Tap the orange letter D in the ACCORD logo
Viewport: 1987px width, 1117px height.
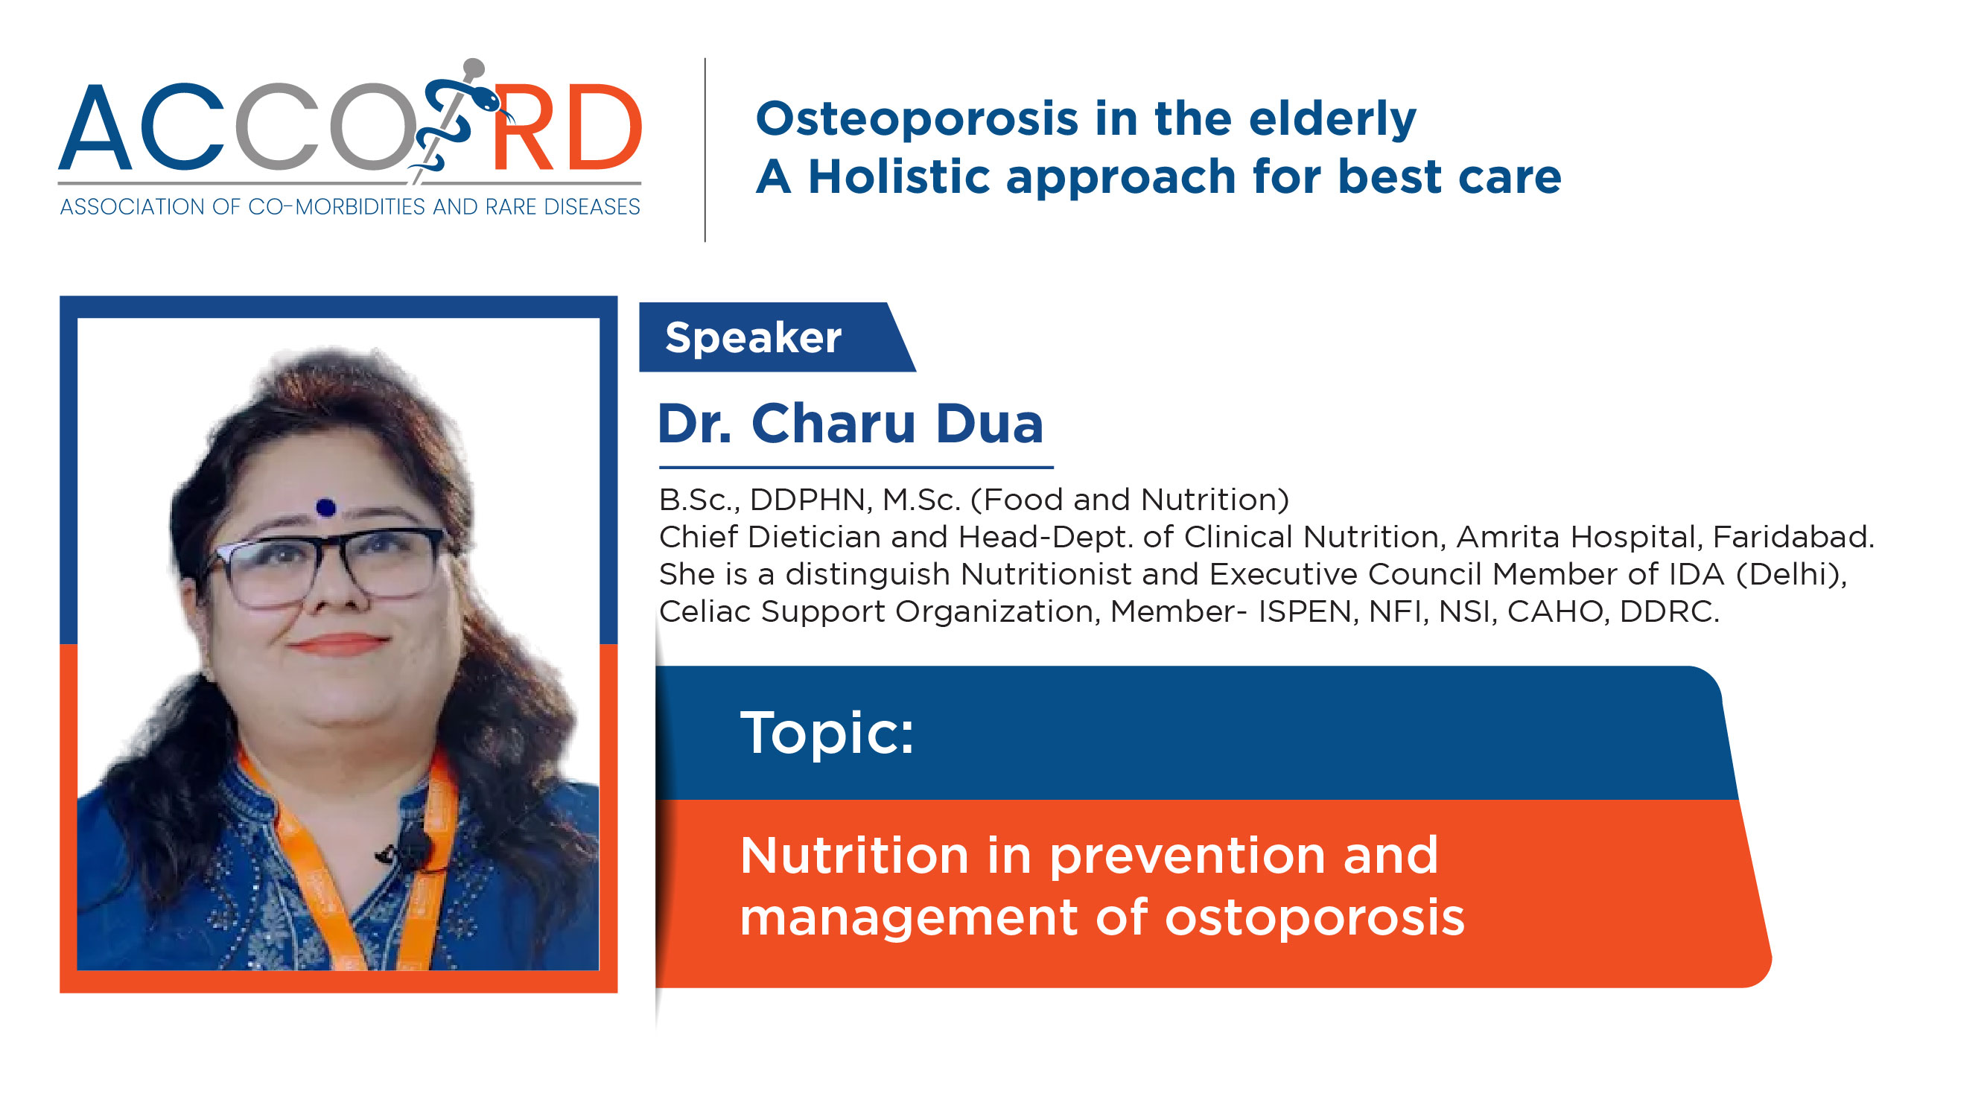tap(604, 127)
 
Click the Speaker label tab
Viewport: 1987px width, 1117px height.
tap(777, 337)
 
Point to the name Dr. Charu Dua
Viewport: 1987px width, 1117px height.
tap(850, 424)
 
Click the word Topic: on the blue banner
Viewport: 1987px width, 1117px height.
tap(827, 733)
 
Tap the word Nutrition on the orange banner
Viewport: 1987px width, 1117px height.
tap(855, 856)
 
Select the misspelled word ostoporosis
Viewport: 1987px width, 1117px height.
tap(1314, 918)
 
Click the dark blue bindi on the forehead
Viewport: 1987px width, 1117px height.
tap(325, 507)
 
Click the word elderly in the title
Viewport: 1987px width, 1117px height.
tap(1332, 120)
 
